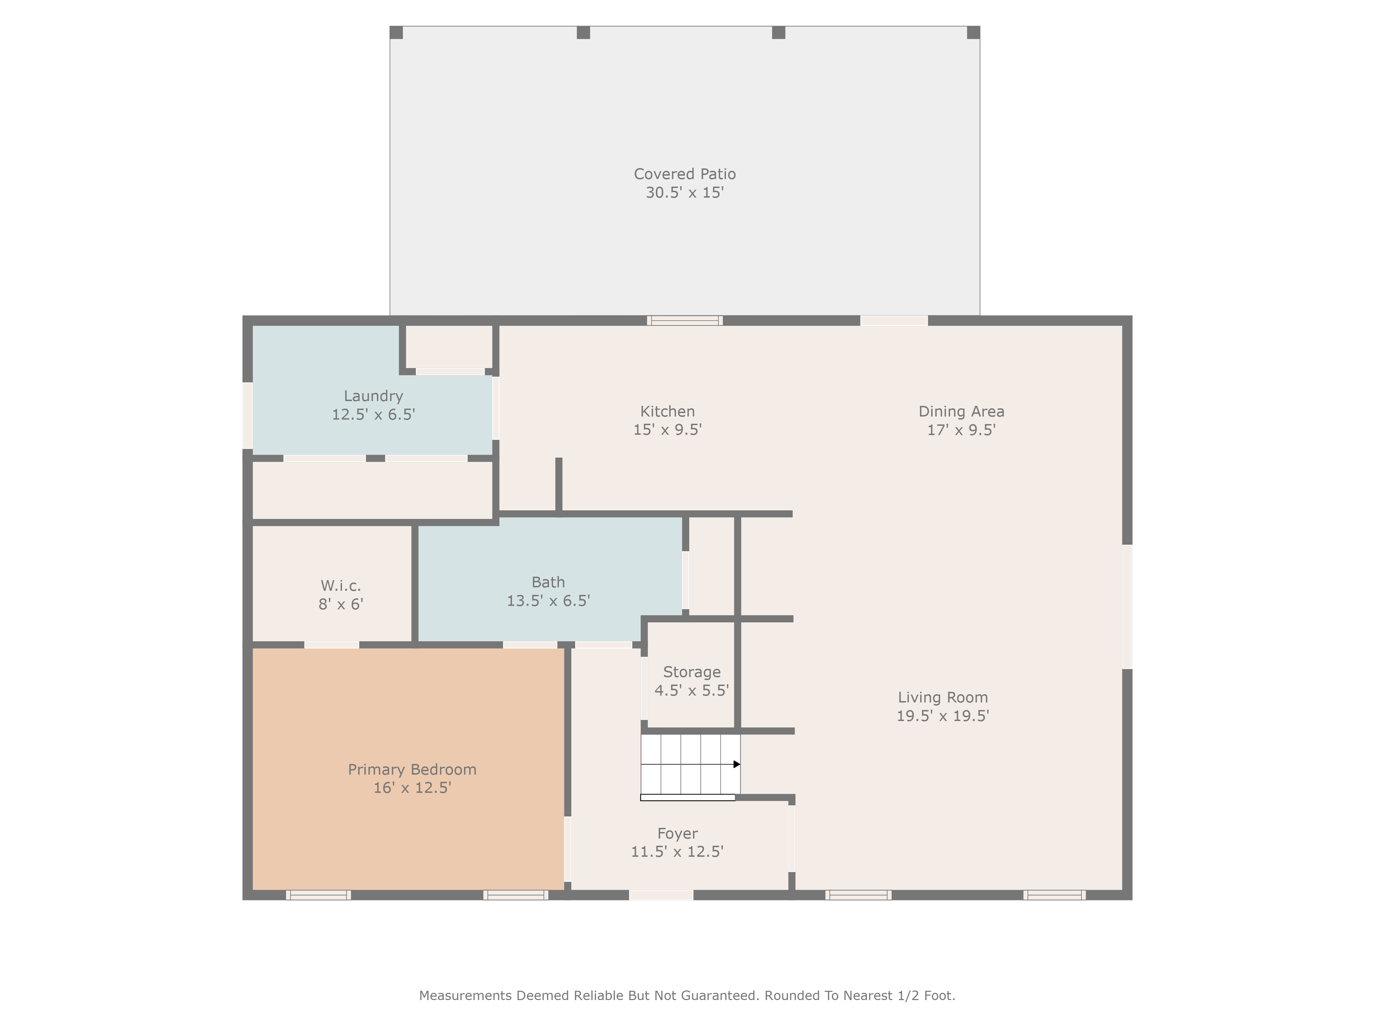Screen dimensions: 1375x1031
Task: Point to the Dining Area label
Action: (x=961, y=411)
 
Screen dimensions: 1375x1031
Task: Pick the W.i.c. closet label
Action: (x=341, y=585)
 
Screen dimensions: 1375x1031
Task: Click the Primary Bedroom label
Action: (x=412, y=769)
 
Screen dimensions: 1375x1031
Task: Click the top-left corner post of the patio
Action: (x=396, y=32)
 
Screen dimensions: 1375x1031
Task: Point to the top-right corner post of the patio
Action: (x=973, y=32)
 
